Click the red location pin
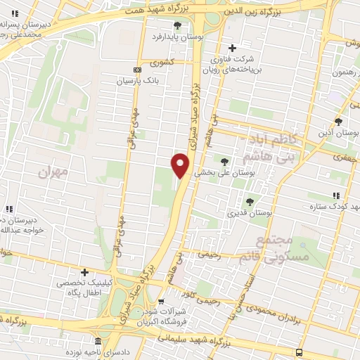click(181, 165)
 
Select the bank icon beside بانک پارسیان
click(136, 70)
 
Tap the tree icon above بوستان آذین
click(338, 122)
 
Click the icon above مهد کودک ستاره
click(335, 197)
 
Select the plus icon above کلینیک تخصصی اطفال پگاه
click(85, 272)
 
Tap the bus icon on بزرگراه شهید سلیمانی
click(300, 352)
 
